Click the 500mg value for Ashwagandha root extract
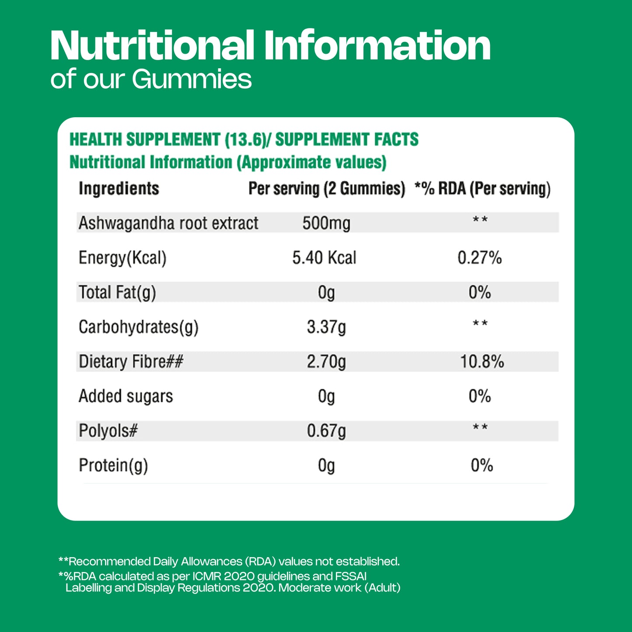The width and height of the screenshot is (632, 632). point(326,223)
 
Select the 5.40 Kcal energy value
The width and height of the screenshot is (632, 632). point(324,258)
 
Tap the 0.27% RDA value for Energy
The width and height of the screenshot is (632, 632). point(479,258)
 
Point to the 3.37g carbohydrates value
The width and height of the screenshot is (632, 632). point(326,327)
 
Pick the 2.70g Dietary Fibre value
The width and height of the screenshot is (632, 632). point(326,362)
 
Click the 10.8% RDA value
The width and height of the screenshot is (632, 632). point(482,362)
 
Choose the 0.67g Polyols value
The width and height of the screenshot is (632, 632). point(326,431)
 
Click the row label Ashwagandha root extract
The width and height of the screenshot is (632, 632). point(168,223)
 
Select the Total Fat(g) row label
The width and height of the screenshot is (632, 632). point(117,293)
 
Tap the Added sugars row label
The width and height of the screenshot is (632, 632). point(126,396)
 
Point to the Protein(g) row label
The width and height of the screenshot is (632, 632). point(113,466)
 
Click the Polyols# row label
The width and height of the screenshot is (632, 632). point(108,431)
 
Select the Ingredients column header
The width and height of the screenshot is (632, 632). point(119,189)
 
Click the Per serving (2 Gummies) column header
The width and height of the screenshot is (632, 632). point(327,189)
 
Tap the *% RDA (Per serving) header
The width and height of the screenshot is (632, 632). point(482,189)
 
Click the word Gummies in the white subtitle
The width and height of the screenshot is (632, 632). point(192,79)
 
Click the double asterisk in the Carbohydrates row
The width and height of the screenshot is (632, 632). point(480,324)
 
